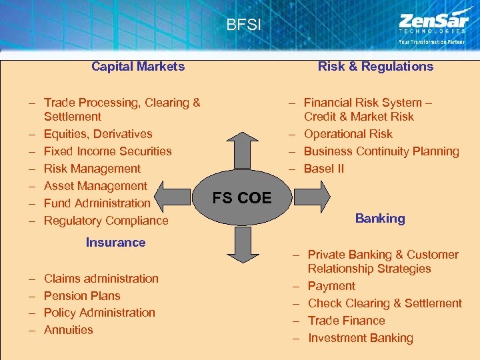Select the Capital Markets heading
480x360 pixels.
[138, 66]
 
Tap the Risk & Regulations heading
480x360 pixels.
[375, 66]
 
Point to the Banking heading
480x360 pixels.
[380, 218]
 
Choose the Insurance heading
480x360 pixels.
[115, 242]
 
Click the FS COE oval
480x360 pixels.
[241, 198]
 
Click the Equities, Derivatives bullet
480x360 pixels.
[97, 134]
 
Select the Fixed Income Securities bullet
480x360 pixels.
[107, 151]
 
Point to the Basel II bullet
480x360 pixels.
[323, 169]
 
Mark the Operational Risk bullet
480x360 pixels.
[348, 134]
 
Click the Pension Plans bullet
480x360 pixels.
[82, 295]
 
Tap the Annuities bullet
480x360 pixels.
[68, 330]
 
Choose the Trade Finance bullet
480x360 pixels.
[346, 321]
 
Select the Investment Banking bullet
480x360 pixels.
[360, 338]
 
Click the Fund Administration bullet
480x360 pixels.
[97, 203]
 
